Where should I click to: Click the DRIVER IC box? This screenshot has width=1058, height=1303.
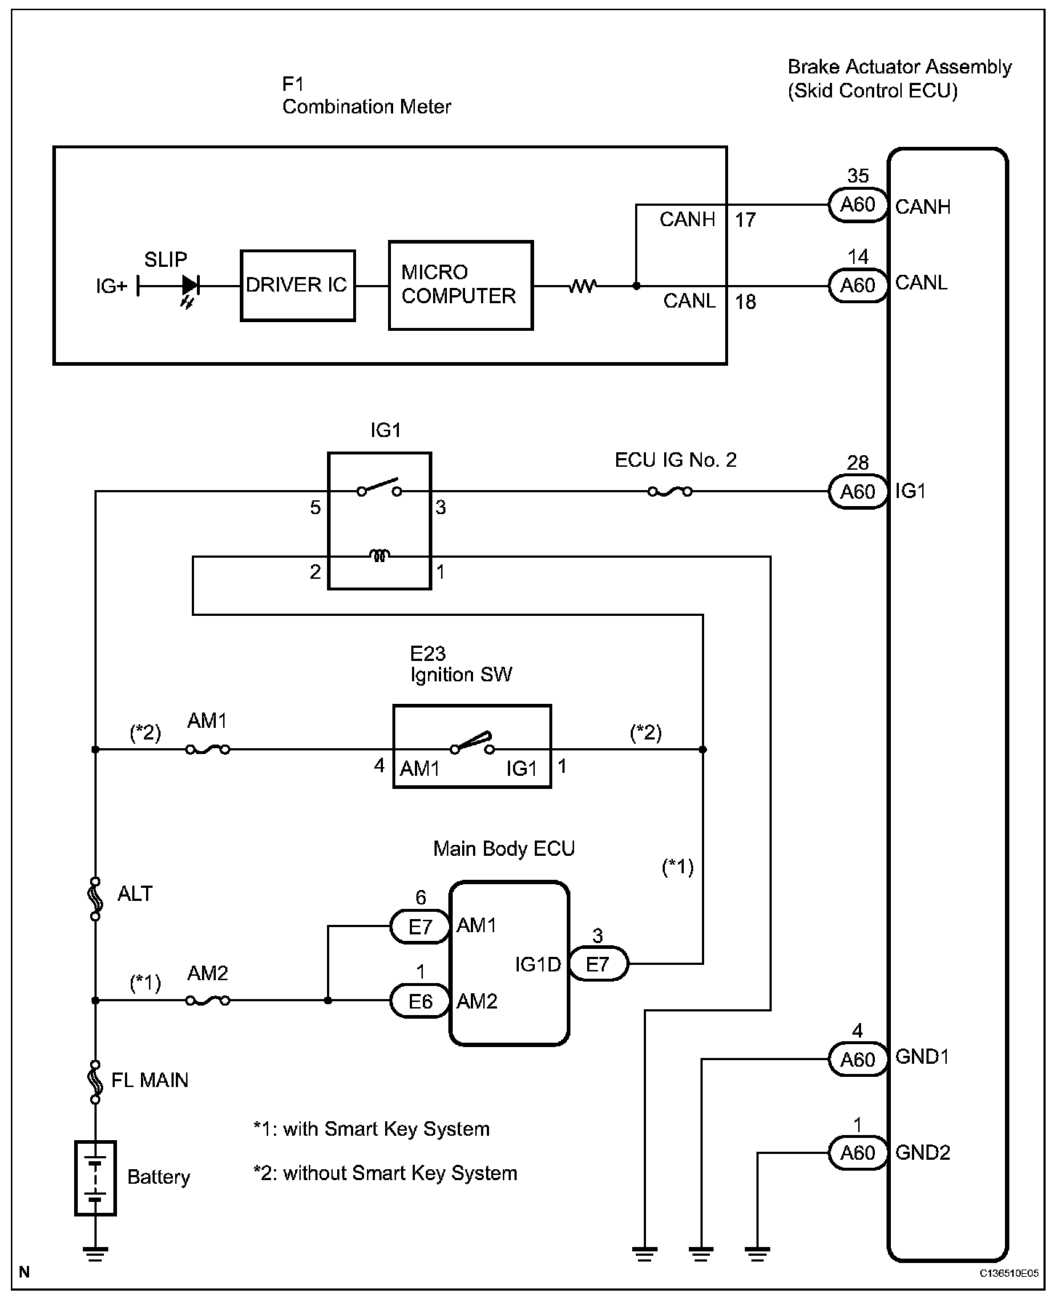click(x=298, y=285)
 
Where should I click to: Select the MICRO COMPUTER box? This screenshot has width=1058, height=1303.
click(x=461, y=285)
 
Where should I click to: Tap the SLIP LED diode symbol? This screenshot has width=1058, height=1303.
click(x=190, y=286)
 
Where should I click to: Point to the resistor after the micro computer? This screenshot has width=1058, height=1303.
click(x=582, y=286)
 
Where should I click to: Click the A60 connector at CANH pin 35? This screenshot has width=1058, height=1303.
click(x=857, y=205)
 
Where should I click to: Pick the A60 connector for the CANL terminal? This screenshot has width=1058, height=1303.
click(x=857, y=286)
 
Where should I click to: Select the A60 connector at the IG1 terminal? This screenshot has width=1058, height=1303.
click(x=857, y=492)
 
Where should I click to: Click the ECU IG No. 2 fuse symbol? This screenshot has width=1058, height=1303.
click(x=669, y=492)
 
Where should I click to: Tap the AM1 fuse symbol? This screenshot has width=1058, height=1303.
click(x=208, y=749)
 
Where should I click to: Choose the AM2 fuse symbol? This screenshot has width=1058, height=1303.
click(x=208, y=1001)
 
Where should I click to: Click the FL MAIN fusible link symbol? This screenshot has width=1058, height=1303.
click(x=95, y=1081)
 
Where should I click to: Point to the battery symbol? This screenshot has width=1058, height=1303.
click(x=95, y=1178)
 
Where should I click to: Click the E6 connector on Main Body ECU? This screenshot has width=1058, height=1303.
click(x=421, y=1001)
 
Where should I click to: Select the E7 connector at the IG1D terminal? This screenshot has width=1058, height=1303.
click(x=597, y=964)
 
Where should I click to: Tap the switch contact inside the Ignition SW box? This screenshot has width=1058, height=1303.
click(x=472, y=745)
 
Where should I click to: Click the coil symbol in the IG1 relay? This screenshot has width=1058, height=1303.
click(x=379, y=556)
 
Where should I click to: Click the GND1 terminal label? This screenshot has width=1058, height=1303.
click(x=922, y=1057)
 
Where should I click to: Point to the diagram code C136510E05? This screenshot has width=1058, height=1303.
click(x=1009, y=1274)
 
